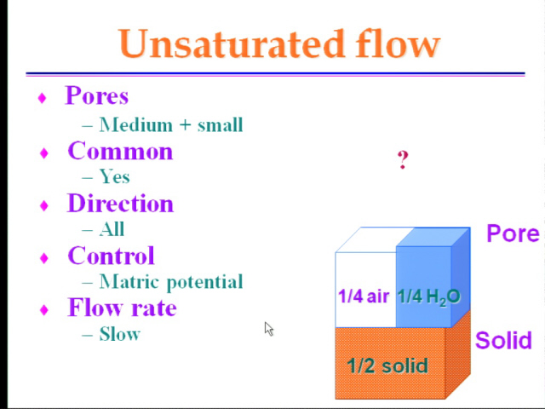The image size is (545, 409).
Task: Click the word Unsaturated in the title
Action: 232,43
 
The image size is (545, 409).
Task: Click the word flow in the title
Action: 398,43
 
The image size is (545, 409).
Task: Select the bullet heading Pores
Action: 97,95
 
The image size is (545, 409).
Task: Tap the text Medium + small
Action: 171,124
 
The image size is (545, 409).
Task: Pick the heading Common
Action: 120,151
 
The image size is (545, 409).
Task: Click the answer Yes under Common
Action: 115,176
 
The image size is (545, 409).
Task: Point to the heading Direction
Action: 120,203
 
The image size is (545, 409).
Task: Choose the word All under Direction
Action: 112,229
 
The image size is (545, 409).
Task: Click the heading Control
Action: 112,256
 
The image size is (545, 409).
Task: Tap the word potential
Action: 204,282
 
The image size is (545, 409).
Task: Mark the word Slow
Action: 120,334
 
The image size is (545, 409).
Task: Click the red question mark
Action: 403,160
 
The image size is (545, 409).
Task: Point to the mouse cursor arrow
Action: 269,329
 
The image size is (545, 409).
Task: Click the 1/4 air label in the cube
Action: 364,297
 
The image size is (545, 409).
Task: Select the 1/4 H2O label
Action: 429,297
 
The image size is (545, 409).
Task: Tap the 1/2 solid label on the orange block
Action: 387,366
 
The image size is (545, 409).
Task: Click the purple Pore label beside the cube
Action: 513,233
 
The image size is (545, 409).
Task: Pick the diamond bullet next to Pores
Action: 42,98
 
